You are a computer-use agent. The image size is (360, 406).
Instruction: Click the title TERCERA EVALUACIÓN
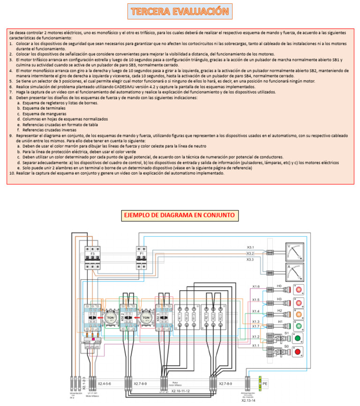tap(180, 11)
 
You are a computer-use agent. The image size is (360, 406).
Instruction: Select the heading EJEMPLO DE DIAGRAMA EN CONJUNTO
tap(180, 215)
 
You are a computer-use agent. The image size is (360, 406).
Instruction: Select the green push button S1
tap(298, 338)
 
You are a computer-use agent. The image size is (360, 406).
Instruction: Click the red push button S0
tap(298, 351)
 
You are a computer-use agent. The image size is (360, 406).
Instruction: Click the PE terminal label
tap(265, 383)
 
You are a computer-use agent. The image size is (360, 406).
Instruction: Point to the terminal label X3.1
tap(250, 247)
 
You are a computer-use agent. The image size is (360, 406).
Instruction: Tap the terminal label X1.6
tap(255, 286)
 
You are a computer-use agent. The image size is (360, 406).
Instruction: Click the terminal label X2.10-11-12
tap(180, 391)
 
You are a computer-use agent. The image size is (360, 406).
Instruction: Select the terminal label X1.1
tap(255, 346)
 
